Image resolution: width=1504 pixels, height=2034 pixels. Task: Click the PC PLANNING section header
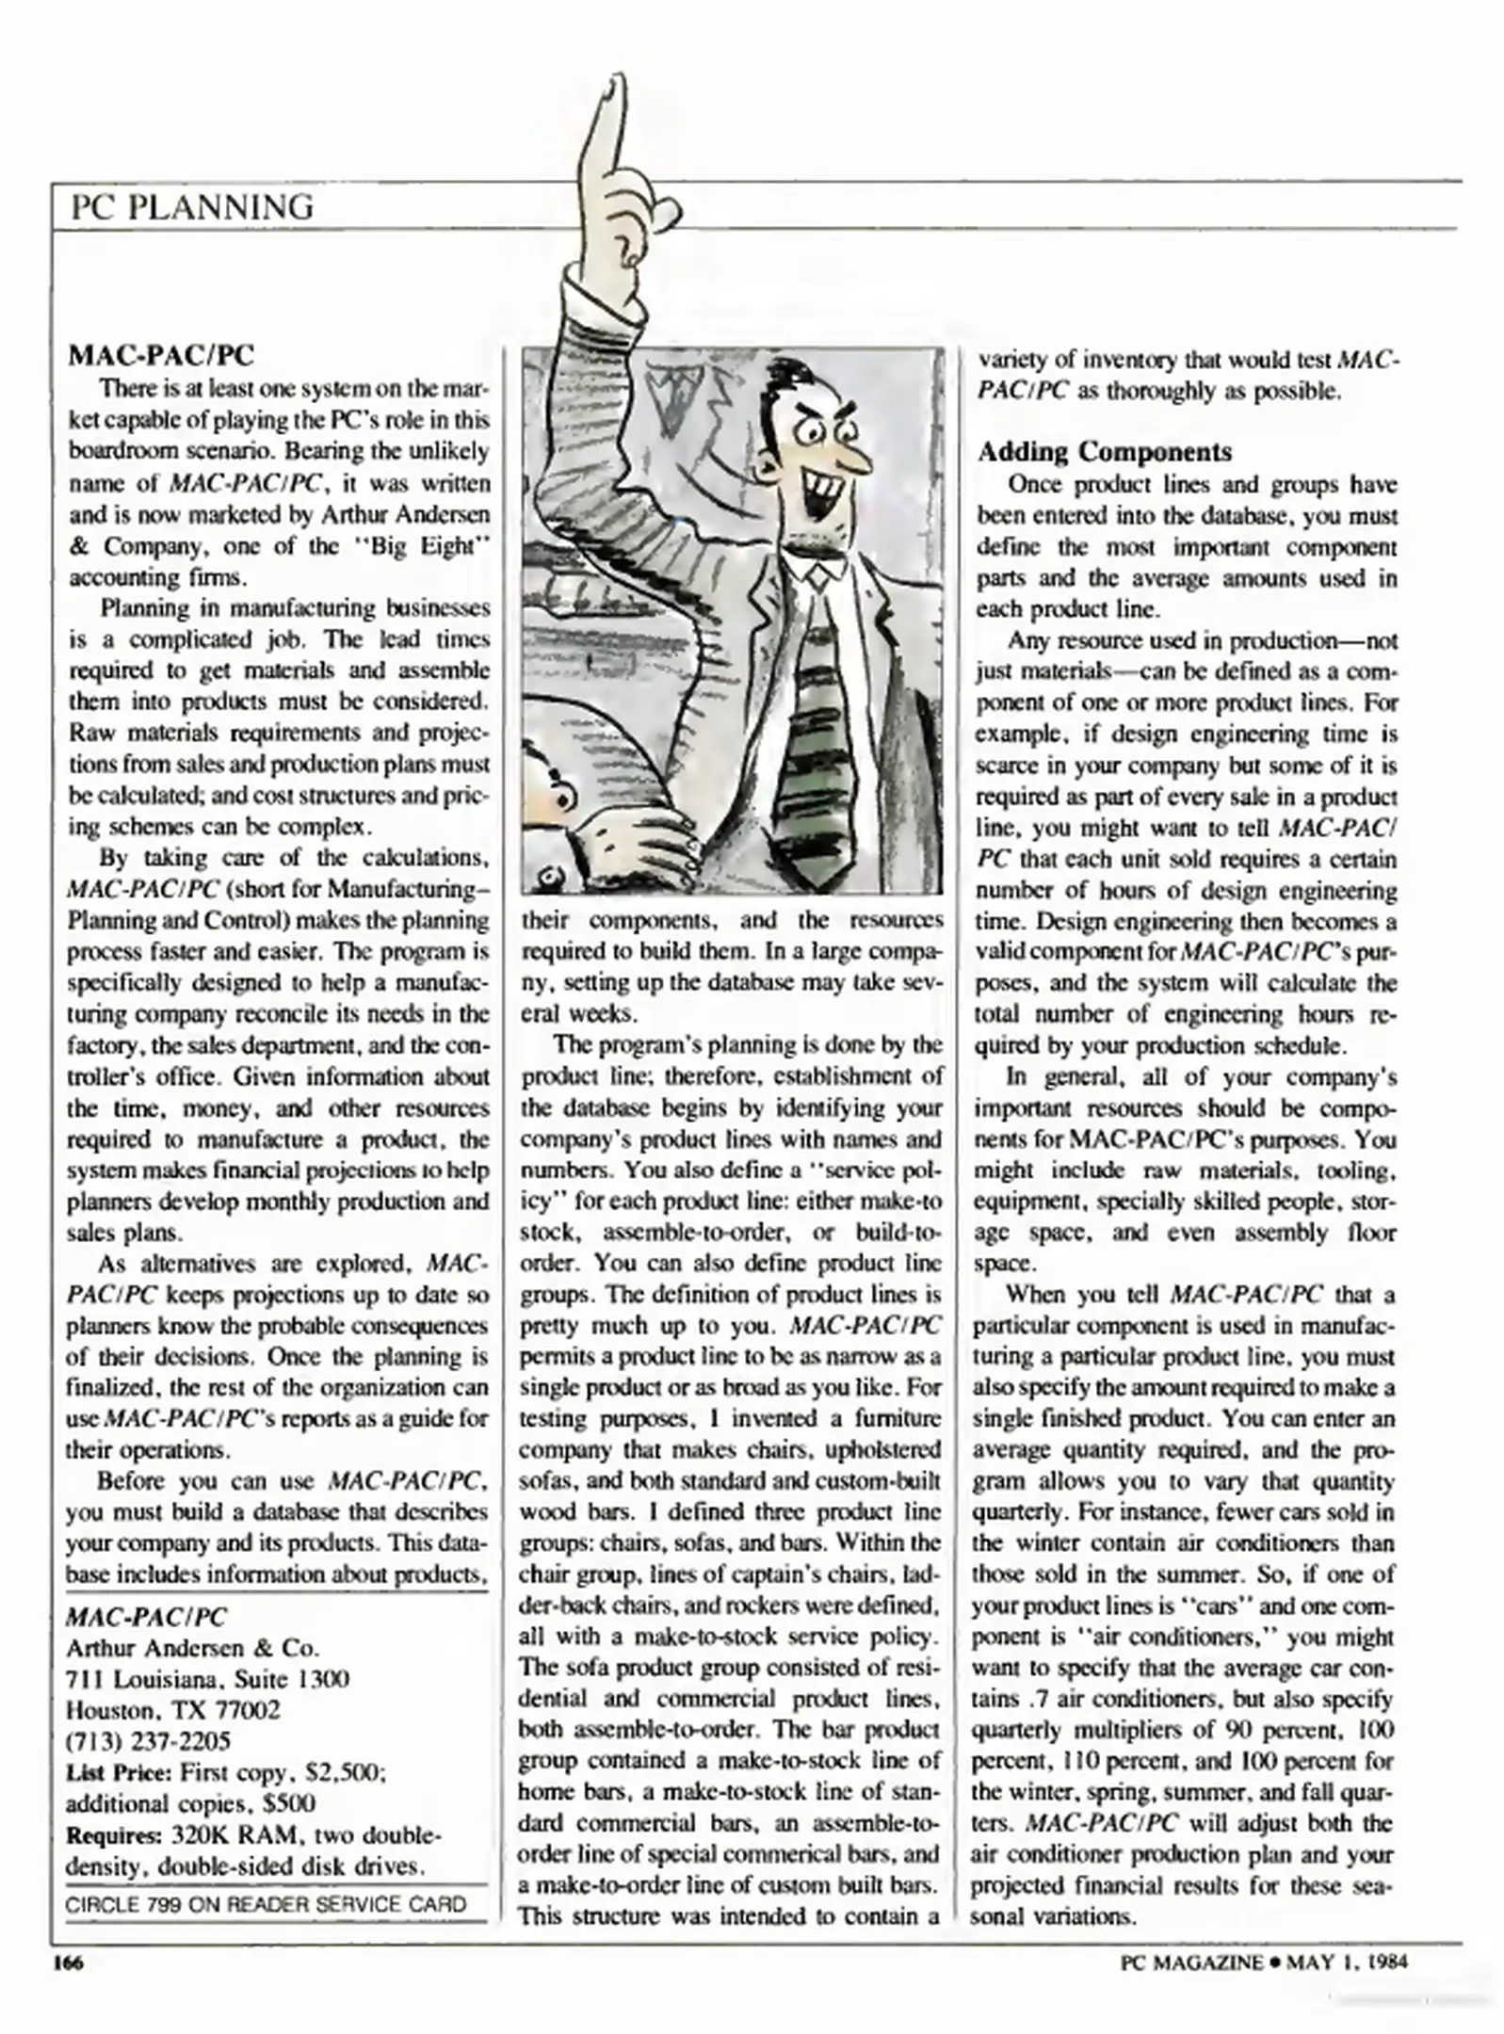click(192, 206)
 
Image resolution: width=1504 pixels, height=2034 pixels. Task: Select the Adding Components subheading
click(1104, 451)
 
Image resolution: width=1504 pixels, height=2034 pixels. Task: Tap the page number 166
click(68, 1963)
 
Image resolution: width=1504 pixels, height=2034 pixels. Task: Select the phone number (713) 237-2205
click(148, 1741)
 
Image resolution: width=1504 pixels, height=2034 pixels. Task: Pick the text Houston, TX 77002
click(172, 1710)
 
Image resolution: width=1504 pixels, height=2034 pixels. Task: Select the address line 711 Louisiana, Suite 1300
click(207, 1679)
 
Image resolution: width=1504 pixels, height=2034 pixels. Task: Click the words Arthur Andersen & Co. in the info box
click(192, 1648)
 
